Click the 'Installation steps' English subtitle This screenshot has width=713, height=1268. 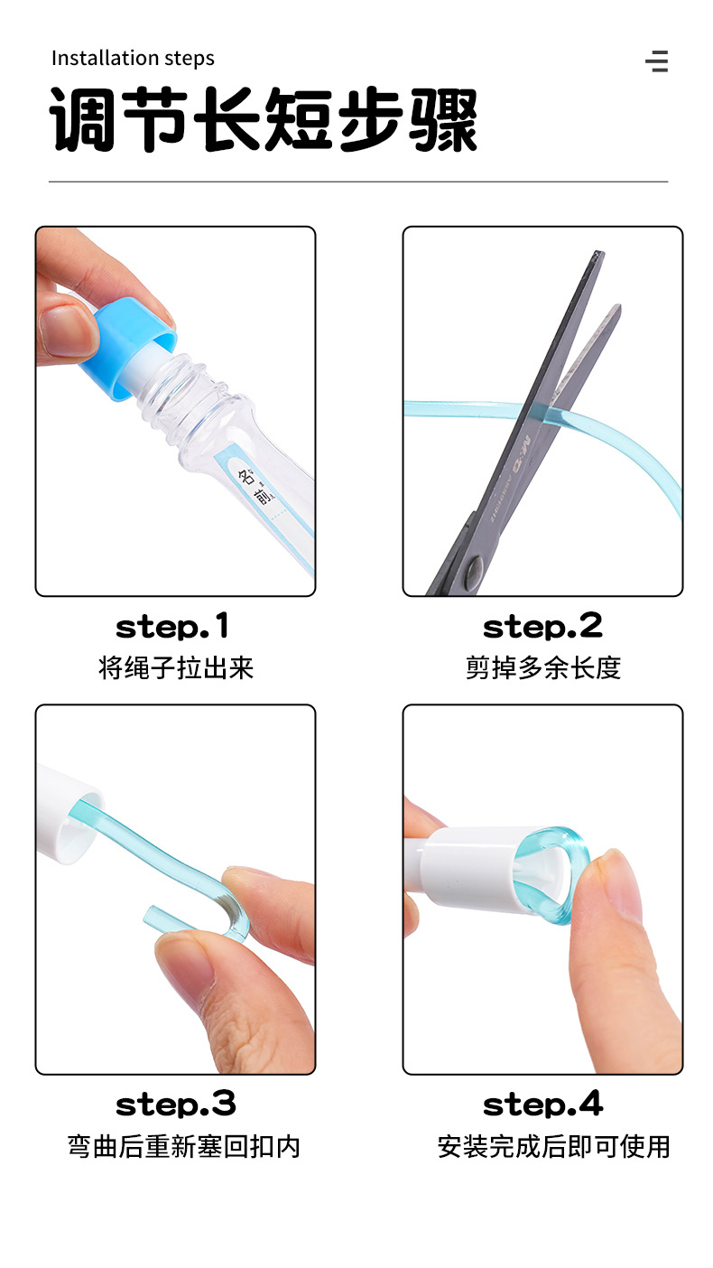coord(133,59)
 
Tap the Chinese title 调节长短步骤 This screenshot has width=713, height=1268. coord(264,119)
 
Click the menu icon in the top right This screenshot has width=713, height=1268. coord(657,61)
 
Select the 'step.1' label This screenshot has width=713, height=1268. coord(172,627)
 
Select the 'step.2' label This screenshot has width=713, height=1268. coord(542,627)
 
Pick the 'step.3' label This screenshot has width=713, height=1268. coord(175,1105)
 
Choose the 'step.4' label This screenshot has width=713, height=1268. coord(543,1105)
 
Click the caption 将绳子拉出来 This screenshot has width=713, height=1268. coord(176,668)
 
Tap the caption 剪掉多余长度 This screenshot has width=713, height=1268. coord(543,668)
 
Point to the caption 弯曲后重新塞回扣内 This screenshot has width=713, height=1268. coord(183,1147)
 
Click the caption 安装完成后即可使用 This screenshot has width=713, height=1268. coord(554,1147)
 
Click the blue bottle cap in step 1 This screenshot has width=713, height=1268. coord(128,351)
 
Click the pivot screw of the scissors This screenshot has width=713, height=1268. coord(474,568)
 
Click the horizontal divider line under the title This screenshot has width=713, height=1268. coord(358,182)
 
